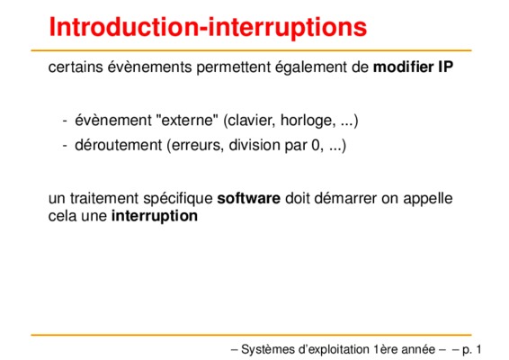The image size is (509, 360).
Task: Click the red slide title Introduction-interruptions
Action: coord(208,27)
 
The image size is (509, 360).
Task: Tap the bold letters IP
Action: coord(446,67)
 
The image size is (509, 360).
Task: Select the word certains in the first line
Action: coord(76,67)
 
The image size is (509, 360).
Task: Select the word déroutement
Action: coord(118,145)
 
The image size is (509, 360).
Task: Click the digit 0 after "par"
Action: coord(317,145)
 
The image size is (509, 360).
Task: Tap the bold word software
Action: coord(249,198)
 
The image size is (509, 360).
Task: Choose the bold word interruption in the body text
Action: coord(155,216)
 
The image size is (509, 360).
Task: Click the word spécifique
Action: coord(178,199)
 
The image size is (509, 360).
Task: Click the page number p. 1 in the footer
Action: coord(471,349)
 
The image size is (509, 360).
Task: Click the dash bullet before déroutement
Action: coord(65,145)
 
